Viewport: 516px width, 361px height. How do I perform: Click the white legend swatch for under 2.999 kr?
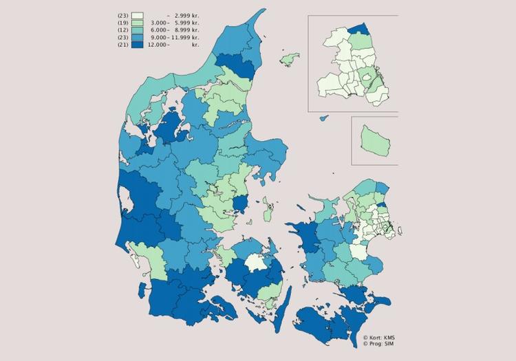138,16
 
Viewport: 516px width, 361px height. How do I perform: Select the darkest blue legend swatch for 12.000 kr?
138,44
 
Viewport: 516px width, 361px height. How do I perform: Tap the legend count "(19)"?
124,23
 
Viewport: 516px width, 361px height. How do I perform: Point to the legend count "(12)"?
124,30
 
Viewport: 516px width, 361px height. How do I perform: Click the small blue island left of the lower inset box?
323,118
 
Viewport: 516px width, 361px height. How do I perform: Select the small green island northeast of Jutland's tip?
289,60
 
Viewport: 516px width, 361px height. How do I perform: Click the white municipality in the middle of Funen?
255,263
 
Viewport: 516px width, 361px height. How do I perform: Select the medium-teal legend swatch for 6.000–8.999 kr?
138,30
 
